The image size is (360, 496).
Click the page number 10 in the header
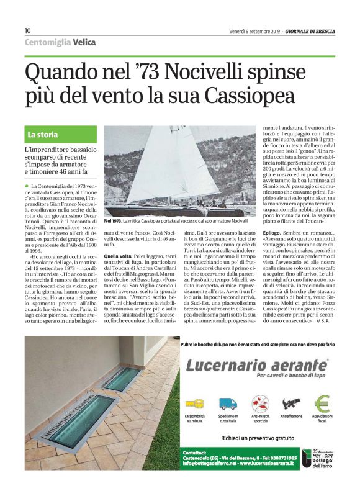click(x=27, y=31)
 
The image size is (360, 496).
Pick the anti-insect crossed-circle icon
click(x=257, y=404)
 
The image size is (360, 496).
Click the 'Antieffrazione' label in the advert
click(x=289, y=415)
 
